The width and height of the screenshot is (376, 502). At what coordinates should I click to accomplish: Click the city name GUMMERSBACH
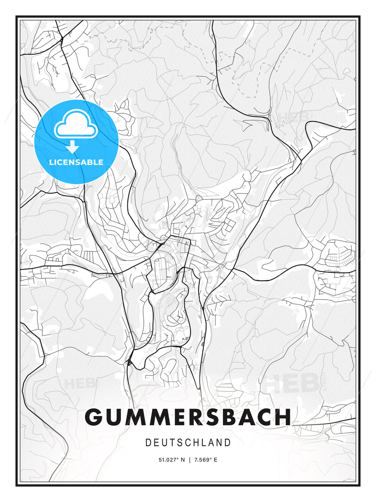click(188, 417)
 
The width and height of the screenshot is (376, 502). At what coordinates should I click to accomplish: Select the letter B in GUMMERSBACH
click(227, 417)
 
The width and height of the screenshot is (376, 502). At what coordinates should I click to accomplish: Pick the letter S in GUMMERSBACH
click(207, 417)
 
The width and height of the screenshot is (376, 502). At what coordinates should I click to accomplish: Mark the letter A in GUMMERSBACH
click(245, 417)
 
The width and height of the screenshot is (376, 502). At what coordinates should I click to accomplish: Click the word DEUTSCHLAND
click(188, 443)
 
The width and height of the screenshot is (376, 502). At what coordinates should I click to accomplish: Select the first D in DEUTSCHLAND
click(148, 443)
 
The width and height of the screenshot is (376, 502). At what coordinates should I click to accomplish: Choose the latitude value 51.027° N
click(172, 460)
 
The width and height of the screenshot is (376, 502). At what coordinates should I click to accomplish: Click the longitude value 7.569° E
click(206, 460)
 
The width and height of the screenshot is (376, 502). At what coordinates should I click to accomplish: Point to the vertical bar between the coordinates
click(189, 460)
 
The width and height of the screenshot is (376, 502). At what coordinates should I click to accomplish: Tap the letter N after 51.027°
click(183, 460)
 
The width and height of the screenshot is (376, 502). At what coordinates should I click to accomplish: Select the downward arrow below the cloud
click(72, 147)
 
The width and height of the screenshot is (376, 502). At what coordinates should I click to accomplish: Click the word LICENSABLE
click(76, 162)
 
